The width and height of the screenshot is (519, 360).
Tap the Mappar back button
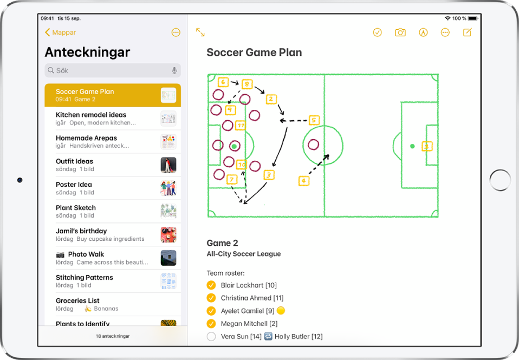coord(60,32)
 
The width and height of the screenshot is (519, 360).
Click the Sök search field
coord(113,70)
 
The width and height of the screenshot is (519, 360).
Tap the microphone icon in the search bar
coord(174,70)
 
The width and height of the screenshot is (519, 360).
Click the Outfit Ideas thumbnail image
coord(168,165)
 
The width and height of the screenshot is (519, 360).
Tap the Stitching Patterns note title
coord(85,277)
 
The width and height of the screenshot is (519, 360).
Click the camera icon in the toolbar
coord(400,32)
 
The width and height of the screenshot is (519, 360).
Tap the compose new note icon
coord(468,32)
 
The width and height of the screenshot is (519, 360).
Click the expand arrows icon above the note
coord(200,32)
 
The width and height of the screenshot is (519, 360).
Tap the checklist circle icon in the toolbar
coord(378,32)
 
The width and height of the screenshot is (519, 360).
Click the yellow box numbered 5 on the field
coord(314,120)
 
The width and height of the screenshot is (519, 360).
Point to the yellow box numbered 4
coord(303,181)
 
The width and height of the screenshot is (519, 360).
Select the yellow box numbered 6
coord(223,82)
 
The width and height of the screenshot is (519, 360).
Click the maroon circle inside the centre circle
coord(313,145)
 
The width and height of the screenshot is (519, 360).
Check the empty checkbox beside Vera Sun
coord(211,337)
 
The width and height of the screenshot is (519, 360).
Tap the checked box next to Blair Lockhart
coord(211,285)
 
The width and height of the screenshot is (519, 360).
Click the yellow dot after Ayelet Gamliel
coord(281,311)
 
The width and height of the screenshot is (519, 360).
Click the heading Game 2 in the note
coord(223,243)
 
